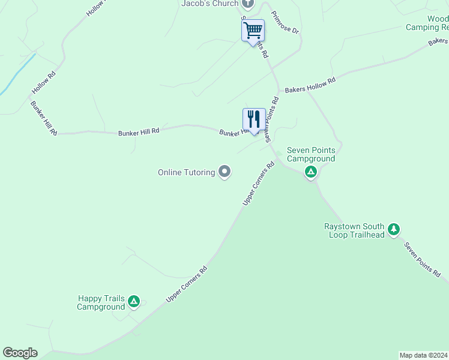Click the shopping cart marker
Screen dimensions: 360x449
pos(253,29)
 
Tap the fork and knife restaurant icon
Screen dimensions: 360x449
pos(254,119)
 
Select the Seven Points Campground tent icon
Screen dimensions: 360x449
pos(311,173)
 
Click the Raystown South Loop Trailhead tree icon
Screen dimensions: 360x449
pos(394,229)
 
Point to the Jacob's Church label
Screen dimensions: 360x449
pos(206,4)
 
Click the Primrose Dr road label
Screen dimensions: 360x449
pos(285,22)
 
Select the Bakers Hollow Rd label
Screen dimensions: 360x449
pos(310,84)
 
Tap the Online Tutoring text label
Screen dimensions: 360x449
pos(186,173)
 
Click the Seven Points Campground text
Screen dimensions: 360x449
pos(311,154)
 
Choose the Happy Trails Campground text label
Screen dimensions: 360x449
pos(101,302)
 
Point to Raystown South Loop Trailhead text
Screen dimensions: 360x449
pos(354,230)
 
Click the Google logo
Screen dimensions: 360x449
pos(20,353)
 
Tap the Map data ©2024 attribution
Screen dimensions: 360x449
pos(423,355)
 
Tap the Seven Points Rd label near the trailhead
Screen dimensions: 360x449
pos(422,259)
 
